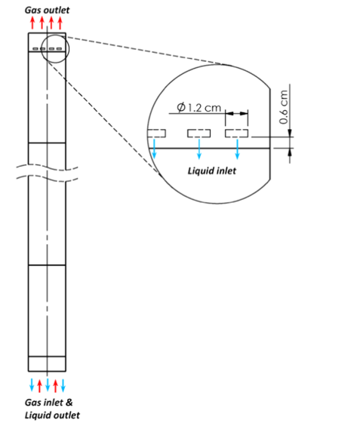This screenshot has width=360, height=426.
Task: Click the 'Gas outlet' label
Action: click(47, 10)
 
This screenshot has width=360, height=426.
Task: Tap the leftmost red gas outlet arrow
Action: click(32, 23)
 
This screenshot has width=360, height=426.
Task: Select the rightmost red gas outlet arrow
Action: click(60, 23)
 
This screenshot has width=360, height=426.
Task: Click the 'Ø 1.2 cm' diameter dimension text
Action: click(199, 108)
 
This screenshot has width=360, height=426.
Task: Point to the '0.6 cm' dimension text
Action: click(284, 107)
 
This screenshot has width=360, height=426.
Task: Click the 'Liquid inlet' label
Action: click(212, 171)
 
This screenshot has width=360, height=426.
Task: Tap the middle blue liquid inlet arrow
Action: click(199, 149)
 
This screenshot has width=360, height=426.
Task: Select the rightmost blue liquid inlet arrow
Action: click(238, 149)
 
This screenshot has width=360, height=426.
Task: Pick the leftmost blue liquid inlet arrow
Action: click(154, 149)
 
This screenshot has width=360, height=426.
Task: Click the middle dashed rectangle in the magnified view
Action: click(198, 133)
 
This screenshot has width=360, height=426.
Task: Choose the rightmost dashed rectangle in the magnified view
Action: click(236, 133)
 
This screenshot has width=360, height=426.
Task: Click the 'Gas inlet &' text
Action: click(48, 403)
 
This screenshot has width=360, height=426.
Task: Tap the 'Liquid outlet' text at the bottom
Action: click(52, 415)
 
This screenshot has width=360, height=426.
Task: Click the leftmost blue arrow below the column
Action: click(32, 385)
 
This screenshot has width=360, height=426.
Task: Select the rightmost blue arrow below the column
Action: click(63, 385)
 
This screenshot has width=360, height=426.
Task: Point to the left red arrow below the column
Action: click(39, 386)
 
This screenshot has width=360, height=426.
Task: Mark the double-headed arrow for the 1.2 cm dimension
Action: click(236, 113)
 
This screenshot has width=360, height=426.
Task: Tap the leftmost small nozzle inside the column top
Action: click(35, 49)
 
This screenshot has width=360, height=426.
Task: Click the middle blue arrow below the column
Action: click(48, 385)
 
